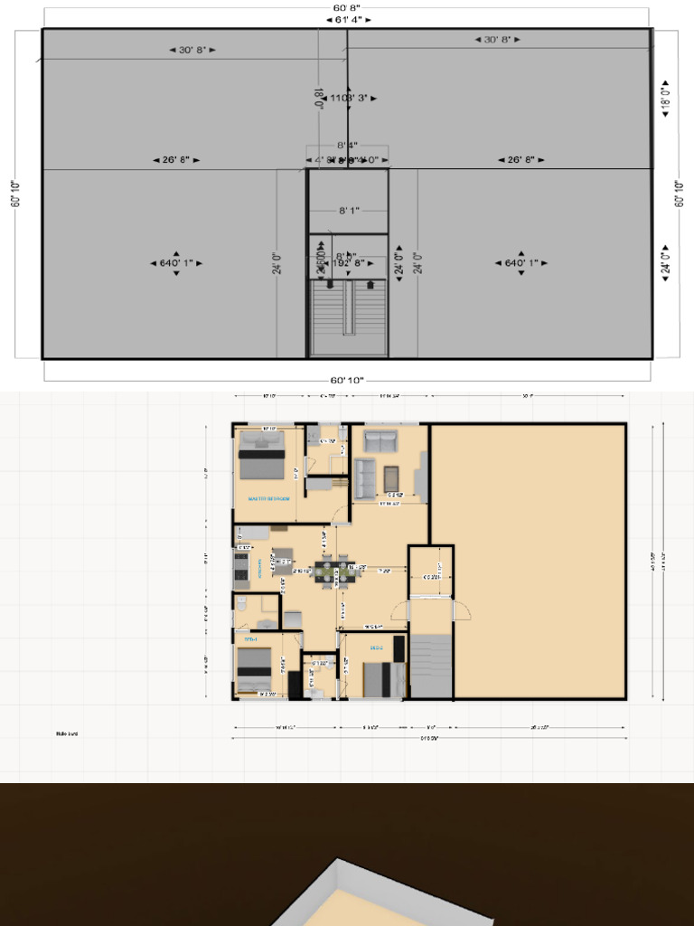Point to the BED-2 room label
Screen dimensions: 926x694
pyautogui.click(x=377, y=648)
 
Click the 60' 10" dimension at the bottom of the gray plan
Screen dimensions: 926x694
pyautogui.click(x=347, y=381)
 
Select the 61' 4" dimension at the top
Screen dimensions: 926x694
pyautogui.click(x=347, y=19)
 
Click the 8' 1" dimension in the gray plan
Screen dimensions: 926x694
pyautogui.click(x=349, y=211)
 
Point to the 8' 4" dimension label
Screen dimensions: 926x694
pyautogui.click(x=348, y=145)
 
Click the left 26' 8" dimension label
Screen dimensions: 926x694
pyautogui.click(x=175, y=160)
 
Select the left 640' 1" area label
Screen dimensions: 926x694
pyautogui.click(x=175, y=263)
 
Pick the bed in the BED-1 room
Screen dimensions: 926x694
pyautogui.click(x=254, y=669)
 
